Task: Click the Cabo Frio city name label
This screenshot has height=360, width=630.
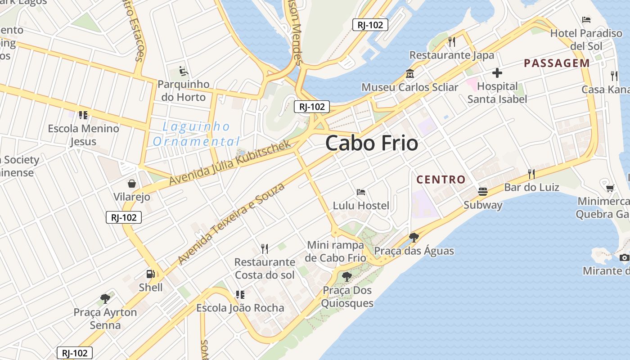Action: click(371, 144)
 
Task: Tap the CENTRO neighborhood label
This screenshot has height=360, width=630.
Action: click(441, 180)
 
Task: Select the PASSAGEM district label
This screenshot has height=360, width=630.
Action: click(557, 63)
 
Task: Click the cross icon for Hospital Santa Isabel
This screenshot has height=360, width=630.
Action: click(497, 72)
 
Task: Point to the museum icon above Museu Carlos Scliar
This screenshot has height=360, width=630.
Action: click(409, 73)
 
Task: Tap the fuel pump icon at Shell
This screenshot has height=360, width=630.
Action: click(150, 274)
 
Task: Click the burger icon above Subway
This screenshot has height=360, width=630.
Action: click(483, 191)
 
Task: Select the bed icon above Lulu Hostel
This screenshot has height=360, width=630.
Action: click(360, 192)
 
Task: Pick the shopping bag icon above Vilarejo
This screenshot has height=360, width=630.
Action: click(132, 183)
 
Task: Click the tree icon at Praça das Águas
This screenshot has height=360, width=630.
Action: click(414, 237)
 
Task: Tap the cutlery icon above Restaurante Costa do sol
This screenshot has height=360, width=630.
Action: click(265, 248)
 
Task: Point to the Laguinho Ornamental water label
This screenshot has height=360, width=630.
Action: click(196, 134)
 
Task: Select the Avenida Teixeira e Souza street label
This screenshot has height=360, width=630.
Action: click(231, 224)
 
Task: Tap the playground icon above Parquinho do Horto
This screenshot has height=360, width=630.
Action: click(183, 71)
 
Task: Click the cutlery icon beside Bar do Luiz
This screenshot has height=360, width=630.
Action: click(531, 174)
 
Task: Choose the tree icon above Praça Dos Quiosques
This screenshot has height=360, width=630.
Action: click(346, 276)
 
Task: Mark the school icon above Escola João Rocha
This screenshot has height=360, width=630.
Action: click(240, 295)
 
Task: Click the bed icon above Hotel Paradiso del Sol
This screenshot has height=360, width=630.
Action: click(586, 19)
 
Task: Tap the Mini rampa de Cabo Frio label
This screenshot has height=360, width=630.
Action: click(335, 252)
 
